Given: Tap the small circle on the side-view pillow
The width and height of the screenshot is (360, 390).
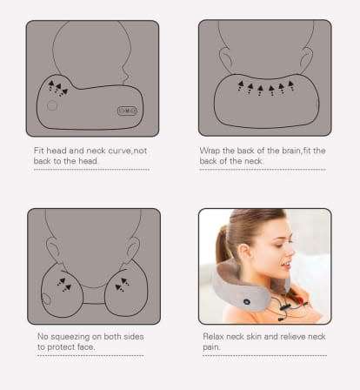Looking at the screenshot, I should pos(53,105).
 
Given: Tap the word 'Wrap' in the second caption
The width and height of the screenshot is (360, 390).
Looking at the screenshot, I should pos(209,151).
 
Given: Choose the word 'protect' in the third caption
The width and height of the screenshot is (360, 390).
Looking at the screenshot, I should pos(61,346).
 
